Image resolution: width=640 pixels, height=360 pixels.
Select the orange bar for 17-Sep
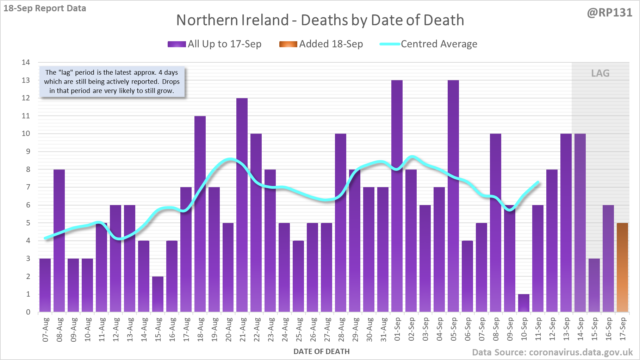[x=622, y=268]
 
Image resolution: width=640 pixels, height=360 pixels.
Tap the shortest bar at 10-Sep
[x=524, y=303]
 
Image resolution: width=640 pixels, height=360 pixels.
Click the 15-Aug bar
[x=158, y=294]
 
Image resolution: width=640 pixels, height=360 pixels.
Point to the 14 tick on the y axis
[x=26, y=62]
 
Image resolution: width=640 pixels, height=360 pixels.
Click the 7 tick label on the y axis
[x=28, y=187]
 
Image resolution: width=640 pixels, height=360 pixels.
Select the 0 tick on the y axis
[x=28, y=312]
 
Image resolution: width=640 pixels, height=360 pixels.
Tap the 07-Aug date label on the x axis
[x=45, y=330]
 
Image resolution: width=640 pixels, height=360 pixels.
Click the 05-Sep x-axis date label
[x=454, y=330]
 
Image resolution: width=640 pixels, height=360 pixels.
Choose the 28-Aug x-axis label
[x=341, y=330]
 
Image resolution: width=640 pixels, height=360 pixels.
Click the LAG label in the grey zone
[x=600, y=73]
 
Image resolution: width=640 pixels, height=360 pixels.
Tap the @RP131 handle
[x=609, y=13]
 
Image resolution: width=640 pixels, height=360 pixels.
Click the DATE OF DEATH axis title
[x=321, y=352]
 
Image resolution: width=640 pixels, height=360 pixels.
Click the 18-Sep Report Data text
[x=45, y=8]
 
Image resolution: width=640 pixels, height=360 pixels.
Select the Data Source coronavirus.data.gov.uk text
[x=552, y=352]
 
